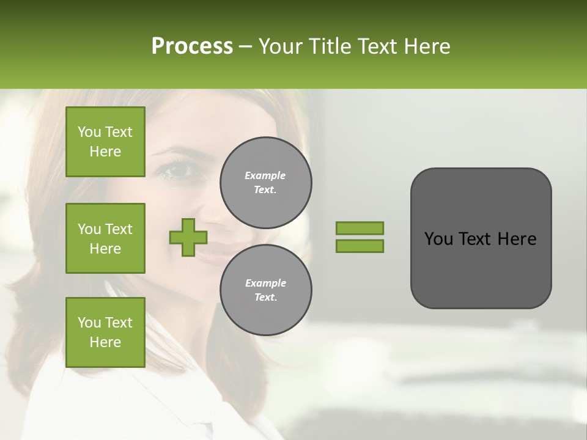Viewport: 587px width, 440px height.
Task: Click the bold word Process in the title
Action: (192, 46)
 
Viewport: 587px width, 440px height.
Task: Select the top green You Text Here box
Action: (105, 142)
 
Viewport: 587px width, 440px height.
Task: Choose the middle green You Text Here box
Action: (105, 238)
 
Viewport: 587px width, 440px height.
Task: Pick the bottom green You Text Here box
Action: (105, 332)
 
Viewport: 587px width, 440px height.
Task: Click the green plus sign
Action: (188, 237)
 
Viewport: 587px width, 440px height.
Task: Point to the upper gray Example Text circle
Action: (265, 183)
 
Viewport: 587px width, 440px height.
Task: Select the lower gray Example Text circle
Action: (265, 290)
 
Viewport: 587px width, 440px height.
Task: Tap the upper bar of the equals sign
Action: (360, 228)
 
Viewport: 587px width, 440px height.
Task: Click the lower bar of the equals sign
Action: (360, 246)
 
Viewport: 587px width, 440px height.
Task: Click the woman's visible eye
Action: (176, 170)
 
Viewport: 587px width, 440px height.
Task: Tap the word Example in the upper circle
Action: (265, 175)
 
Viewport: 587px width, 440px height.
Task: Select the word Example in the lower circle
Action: (265, 283)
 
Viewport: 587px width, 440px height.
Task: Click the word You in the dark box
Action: (438, 239)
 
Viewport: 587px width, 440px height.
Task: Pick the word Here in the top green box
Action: (105, 152)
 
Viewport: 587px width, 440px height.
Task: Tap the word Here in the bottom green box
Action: (105, 342)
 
